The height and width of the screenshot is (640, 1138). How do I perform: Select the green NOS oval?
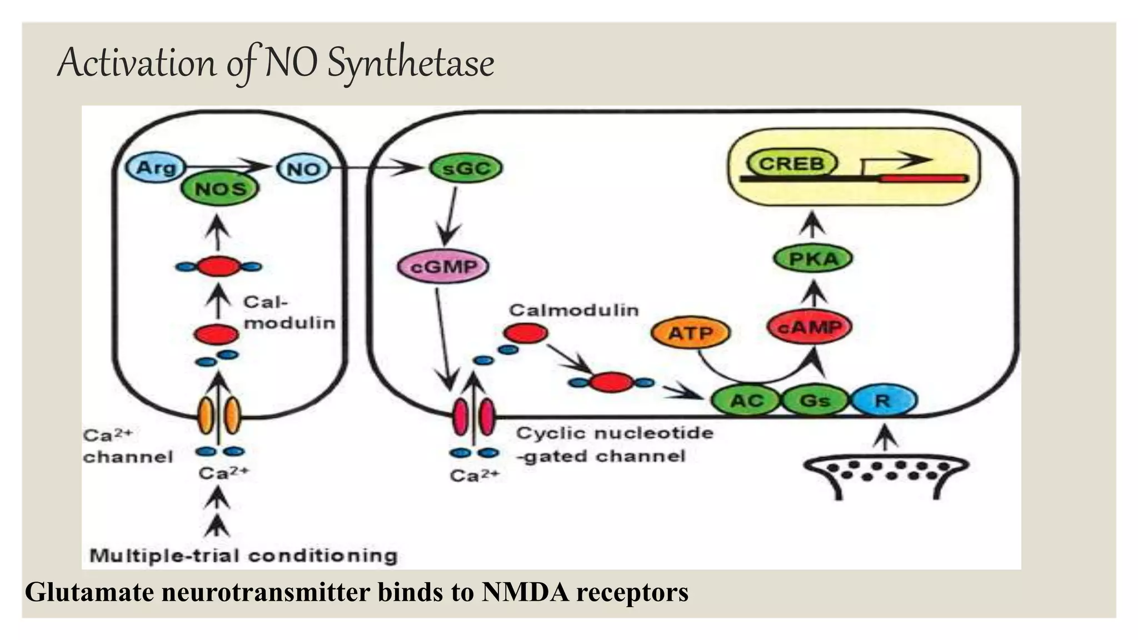220,189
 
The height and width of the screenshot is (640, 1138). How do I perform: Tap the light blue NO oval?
303,168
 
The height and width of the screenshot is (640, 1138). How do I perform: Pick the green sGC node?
466,168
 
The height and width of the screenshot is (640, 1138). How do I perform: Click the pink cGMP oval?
443,267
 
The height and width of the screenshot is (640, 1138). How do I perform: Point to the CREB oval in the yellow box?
792,164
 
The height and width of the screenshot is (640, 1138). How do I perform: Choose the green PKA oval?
813,259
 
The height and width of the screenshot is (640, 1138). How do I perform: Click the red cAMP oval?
810,327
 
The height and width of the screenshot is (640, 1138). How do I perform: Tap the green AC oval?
746,400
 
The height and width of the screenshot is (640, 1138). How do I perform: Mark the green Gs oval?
815,400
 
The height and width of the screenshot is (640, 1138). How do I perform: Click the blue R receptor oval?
884,400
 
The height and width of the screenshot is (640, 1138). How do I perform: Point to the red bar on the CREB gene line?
922,178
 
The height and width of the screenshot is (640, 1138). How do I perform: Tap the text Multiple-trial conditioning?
243,556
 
